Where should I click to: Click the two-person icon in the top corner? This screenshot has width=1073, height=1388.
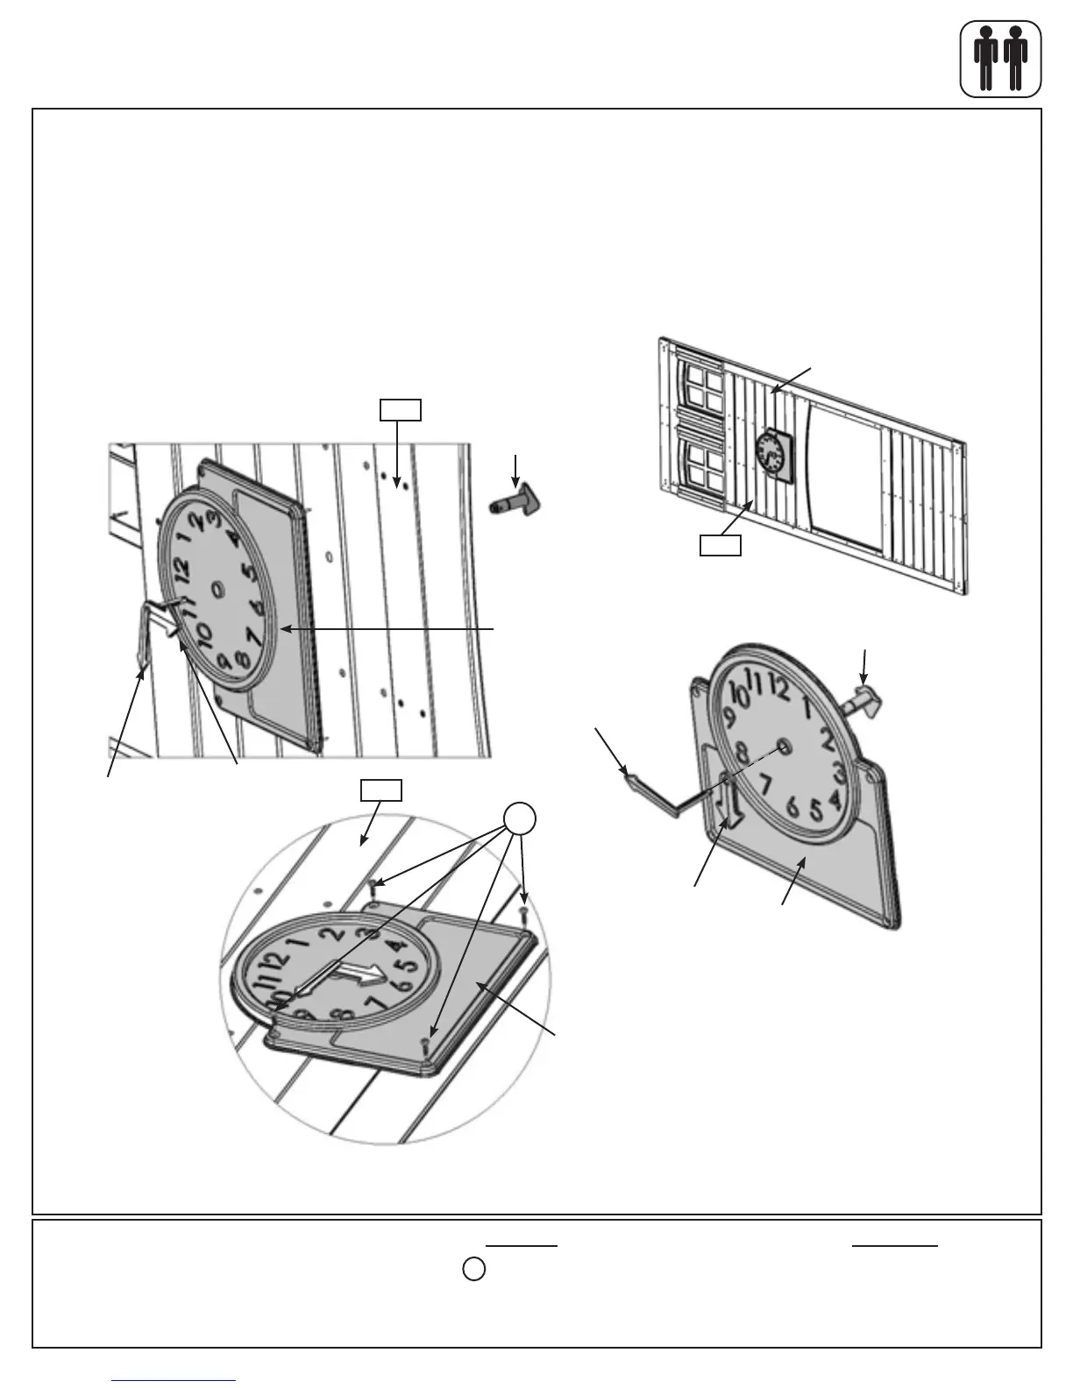click(x=1000, y=58)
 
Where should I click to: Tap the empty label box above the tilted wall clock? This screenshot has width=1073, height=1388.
click(x=400, y=409)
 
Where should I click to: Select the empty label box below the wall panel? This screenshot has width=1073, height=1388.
click(x=720, y=546)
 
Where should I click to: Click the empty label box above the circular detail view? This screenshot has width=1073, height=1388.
click(x=381, y=790)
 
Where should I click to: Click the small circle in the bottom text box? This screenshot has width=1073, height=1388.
click(x=473, y=1268)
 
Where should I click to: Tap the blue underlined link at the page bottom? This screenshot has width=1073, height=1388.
click(x=174, y=1380)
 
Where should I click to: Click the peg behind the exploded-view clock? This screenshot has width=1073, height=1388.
click(x=863, y=700)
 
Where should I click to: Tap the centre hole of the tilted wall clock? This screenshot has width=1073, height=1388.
click(x=217, y=590)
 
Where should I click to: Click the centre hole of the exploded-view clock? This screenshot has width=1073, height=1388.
click(x=783, y=745)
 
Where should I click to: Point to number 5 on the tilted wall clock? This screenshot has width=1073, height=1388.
click(x=249, y=574)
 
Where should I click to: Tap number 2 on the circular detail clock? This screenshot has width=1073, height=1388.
click(x=330, y=934)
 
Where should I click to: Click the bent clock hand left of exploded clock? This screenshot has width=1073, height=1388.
click(x=653, y=790)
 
